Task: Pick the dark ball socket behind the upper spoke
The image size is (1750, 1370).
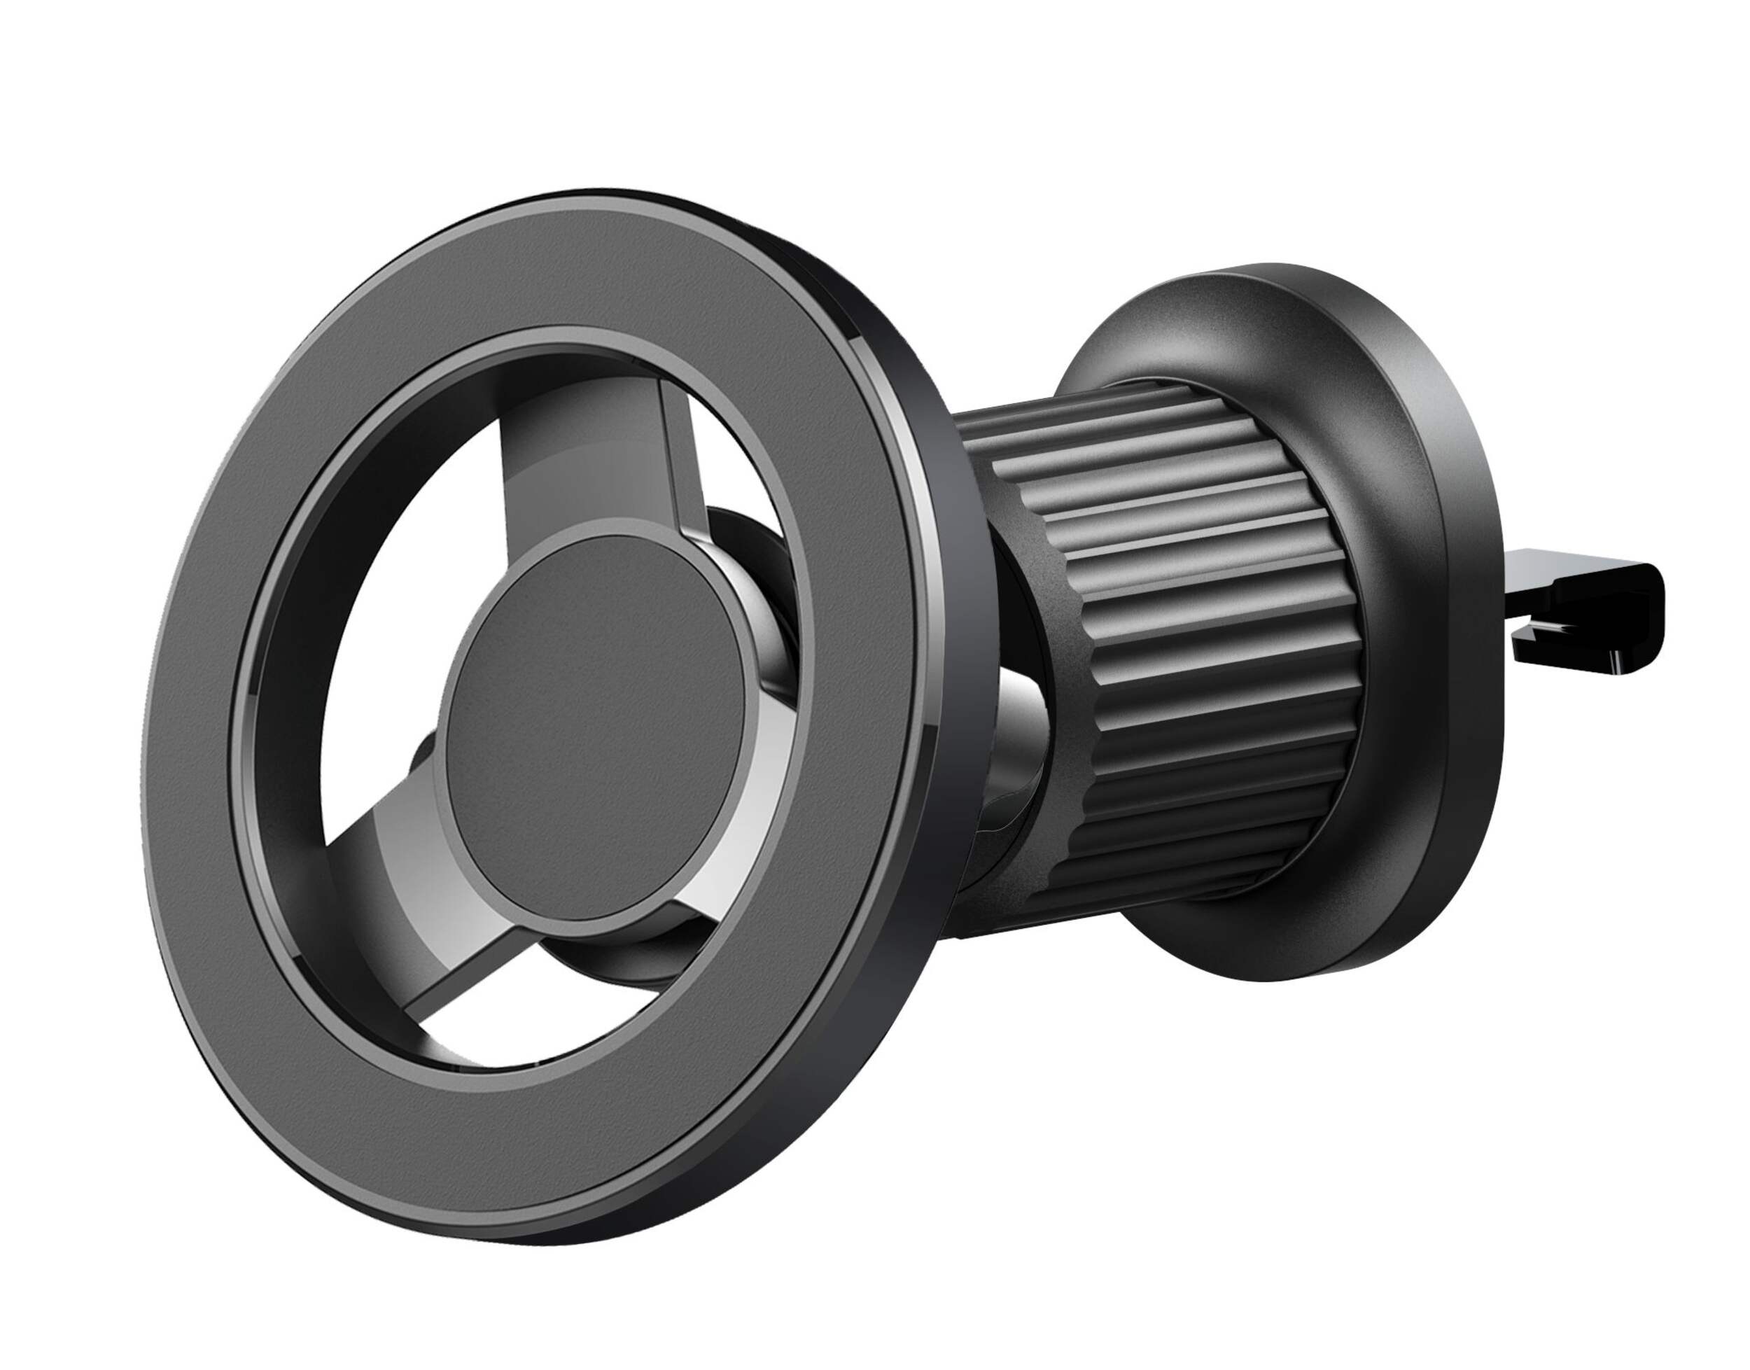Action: (x=746, y=545)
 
